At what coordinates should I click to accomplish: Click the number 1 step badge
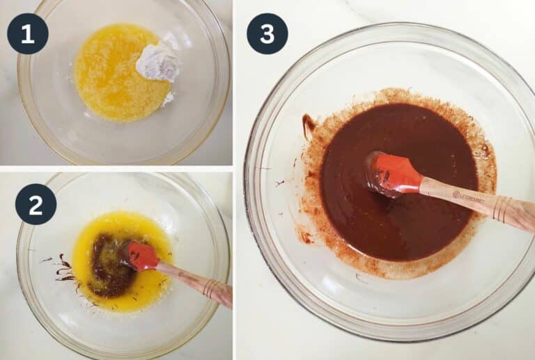(27, 33)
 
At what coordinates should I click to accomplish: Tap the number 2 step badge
(36, 204)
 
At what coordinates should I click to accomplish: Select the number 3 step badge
(267, 33)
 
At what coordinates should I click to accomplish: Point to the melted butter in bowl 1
(108, 73)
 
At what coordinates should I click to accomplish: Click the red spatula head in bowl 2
(141, 256)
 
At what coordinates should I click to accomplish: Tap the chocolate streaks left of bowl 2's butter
(63, 270)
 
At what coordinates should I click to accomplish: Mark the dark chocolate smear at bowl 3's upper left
(309, 126)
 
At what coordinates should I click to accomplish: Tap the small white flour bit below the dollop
(168, 100)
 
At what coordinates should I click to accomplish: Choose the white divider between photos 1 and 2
(116, 169)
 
